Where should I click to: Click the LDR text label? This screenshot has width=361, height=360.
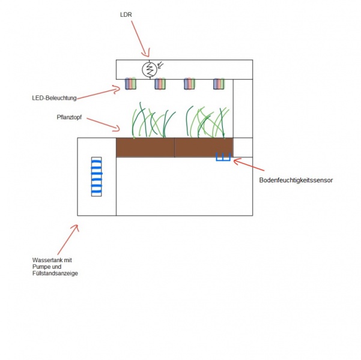click(x=126, y=14)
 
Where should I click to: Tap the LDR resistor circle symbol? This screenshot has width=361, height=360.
click(x=148, y=69)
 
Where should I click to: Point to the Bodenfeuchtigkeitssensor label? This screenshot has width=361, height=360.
click(x=296, y=179)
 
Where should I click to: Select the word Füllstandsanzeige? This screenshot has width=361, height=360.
click(x=55, y=273)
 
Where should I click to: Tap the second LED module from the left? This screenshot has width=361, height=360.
click(x=160, y=84)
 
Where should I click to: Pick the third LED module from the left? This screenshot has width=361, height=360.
click(x=190, y=84)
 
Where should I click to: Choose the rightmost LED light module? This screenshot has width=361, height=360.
click(x=219, y=84)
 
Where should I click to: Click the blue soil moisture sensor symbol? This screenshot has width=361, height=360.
click(x=223, y=157)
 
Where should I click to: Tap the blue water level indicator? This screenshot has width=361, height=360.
click(x=96, y=176)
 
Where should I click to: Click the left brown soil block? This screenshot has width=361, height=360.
click(x=145, y=148)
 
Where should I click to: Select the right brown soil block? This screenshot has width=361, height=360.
click(x=204, y=148)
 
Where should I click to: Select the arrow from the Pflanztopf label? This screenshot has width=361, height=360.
click(x=105, y=123)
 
